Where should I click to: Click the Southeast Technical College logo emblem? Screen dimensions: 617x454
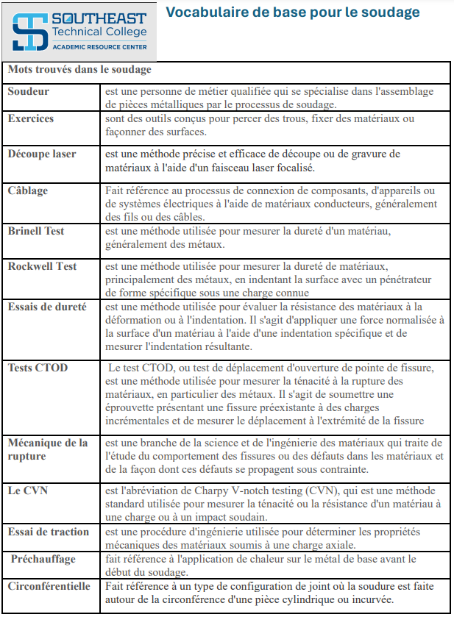[x=30, y=32]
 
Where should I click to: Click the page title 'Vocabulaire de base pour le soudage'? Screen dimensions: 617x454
[x=292, y=13]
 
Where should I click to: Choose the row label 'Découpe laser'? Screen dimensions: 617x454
[x=42, y=154]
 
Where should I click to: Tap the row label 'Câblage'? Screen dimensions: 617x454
[x=28, y=190]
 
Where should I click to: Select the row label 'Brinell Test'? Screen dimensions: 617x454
[x=36, y=231]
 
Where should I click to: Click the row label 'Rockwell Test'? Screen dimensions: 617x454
[x=42, y=266]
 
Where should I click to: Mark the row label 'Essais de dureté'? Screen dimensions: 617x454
[x=47, y=307]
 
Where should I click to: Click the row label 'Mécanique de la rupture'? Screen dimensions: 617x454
[x=48, y=449]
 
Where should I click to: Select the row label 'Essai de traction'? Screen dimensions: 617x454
[x=49, y=532]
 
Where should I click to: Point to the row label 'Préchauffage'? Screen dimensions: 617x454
[x=43, y=559]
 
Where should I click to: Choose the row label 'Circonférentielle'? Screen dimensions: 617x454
[x=49, y=586]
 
